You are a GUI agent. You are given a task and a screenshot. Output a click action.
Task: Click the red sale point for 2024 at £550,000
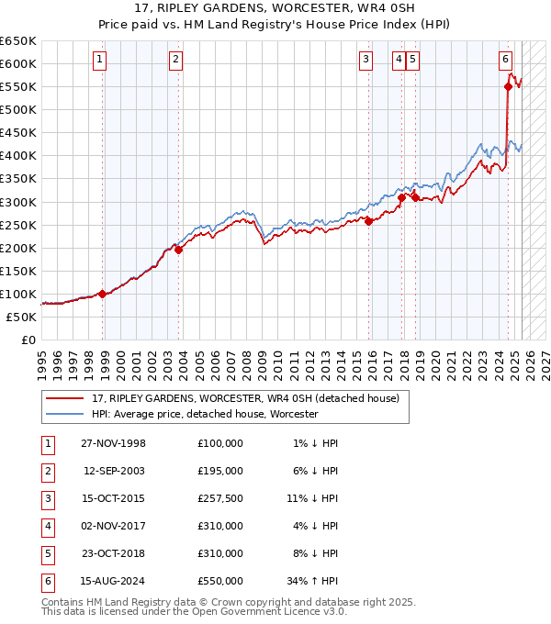508,86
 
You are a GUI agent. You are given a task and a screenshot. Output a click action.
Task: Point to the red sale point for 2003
179,250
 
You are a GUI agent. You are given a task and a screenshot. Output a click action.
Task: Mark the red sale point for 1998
102,294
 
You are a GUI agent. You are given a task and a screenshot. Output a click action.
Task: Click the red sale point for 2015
368,220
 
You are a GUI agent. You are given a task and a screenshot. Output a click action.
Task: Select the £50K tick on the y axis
22,317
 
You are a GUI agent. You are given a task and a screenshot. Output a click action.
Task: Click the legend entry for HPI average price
204,414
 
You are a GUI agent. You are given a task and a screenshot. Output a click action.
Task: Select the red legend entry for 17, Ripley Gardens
245,399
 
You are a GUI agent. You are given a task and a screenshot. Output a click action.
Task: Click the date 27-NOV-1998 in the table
114,443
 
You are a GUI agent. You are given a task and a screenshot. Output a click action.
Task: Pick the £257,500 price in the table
219,498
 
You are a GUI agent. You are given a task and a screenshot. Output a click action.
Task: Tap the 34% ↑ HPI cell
312,581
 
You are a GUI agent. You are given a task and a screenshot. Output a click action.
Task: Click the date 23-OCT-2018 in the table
114,553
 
